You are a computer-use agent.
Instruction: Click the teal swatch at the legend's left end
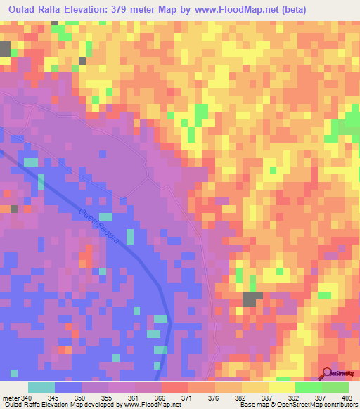(x=41, y=387)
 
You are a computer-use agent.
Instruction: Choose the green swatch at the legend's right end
(x=335, y=387)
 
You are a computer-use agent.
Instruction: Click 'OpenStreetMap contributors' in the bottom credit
(x=318, y=405)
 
